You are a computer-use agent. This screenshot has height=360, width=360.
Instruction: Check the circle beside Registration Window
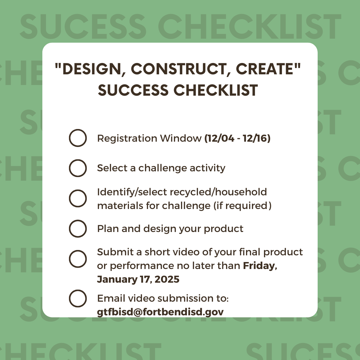point(78,129)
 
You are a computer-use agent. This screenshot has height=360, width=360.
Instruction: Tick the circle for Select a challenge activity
point(78,160)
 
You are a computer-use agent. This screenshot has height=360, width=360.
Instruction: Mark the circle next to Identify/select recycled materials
point(78,190)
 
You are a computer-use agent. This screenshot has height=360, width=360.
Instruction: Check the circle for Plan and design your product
point(78,220)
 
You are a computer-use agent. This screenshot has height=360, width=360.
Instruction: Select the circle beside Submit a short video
point(78,250)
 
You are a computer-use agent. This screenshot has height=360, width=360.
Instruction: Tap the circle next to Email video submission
point(78,290)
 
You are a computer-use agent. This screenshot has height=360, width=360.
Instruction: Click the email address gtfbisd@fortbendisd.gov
point(160,312)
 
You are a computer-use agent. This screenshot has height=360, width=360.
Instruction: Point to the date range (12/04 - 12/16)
point(237,138)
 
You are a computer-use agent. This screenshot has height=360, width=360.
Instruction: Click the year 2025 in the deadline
point(167,279)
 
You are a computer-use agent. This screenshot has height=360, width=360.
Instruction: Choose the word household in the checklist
point(241,192)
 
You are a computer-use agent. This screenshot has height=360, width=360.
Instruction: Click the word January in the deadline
point(117,280)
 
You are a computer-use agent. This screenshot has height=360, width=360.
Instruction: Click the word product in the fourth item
point(224,229)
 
